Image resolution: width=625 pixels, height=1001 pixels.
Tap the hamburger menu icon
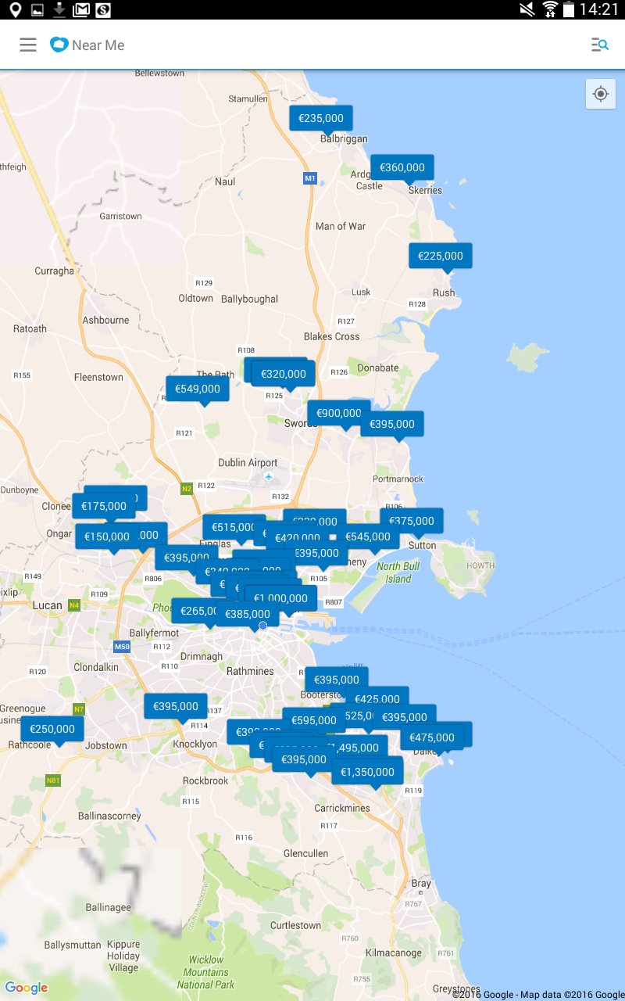tap(28, 45)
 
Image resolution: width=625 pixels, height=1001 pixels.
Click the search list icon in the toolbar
tap(599, 45)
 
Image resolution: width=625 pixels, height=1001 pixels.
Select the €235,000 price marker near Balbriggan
tap(321, 118)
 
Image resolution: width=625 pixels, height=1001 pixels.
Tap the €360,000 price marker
tap(402, 167)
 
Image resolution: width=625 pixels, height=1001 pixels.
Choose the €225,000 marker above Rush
tap(441, 256)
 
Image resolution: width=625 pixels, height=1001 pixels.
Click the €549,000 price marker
tap(198, 389)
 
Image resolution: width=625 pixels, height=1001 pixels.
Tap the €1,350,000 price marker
tap(368, 772)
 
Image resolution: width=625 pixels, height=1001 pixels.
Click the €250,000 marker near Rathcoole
tap(52, 729)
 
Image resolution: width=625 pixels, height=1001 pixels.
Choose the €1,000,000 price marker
tap(281, 598)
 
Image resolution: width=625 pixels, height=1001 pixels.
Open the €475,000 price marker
tap(432, 737)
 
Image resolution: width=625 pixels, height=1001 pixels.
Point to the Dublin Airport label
tap(248, 463)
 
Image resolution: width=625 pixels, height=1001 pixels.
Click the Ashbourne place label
tap(105, 320)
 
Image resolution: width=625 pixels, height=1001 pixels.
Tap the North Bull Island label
tap(398, 572)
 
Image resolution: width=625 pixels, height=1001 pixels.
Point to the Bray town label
tap(421, 883)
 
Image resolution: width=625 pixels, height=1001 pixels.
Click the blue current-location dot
tap(263, 626)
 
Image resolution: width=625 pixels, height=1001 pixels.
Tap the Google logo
tap(27, 988)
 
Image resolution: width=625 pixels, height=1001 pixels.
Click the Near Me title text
tap(98, 45)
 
